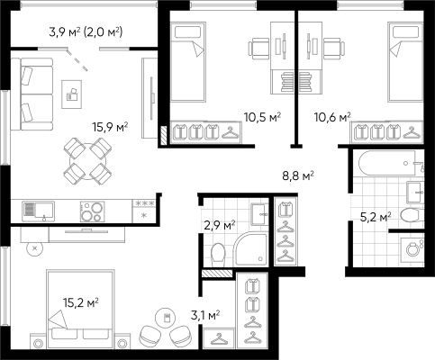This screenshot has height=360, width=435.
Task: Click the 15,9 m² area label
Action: (110, 127)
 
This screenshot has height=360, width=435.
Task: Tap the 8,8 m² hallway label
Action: (298, 175)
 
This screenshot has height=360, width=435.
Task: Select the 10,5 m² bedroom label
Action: (262, 117)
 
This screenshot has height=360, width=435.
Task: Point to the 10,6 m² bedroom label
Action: (332, 117)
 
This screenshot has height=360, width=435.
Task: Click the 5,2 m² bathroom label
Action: (376, 217)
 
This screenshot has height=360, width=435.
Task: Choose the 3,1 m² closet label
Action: (205, 315)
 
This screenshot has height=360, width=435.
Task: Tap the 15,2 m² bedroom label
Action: (81, 303)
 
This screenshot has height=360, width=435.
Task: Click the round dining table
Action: (87, 161)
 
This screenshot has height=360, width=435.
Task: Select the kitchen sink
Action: (39, 211)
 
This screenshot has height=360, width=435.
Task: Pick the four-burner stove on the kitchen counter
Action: (93, 211)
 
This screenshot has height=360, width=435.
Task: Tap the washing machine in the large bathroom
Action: (412, 248)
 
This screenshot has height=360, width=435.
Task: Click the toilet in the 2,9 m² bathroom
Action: (218, 255)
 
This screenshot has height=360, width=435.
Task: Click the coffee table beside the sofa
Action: (71, 94)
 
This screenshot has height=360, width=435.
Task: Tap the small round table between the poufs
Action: (166, 318)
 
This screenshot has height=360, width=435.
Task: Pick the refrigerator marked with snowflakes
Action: (144, 211)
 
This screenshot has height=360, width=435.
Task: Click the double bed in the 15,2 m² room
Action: (80, 309)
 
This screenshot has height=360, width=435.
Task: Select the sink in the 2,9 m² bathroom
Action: (258, 214)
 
